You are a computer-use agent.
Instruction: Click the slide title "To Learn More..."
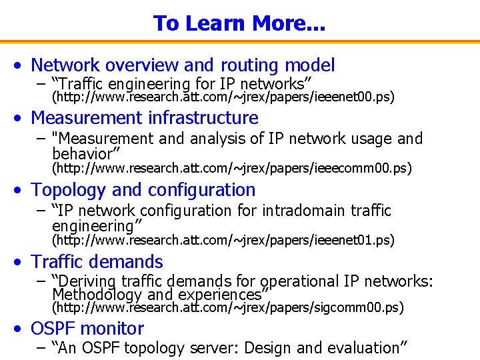pyautogui.click(x=239, y=23)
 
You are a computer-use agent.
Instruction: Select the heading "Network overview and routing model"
pyautogui.click(x=183, y=65)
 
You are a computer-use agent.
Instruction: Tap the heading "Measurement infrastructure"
pyautogui.click(x=145, y=118)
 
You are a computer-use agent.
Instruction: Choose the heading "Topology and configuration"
pyautogui.click(x=143, y=190)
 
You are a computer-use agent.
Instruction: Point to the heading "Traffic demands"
pyautogui.click(x=97, y=262)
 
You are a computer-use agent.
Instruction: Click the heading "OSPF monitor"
pyautogui.click(x=87, y=329)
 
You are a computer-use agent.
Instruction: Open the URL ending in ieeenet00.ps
pyautogui.click(x=223, y=97)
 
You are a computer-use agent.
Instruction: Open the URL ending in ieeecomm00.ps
pyautogui.click(x=231, y=168)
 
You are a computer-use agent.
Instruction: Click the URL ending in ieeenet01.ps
pyautogui.click(x=223, y=240)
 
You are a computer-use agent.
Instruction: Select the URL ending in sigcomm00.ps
pyautogui.click(x=227, y=307)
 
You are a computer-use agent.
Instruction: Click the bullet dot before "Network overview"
pyautogui.click(x=22, y=66)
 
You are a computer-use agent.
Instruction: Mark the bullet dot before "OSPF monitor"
pyautogui.click(x=22, y=329)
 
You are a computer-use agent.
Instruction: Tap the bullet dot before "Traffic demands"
pyautogui.click(x=22, y=263)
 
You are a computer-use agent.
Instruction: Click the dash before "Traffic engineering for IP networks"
pyautogui.click(x=41, y=84)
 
